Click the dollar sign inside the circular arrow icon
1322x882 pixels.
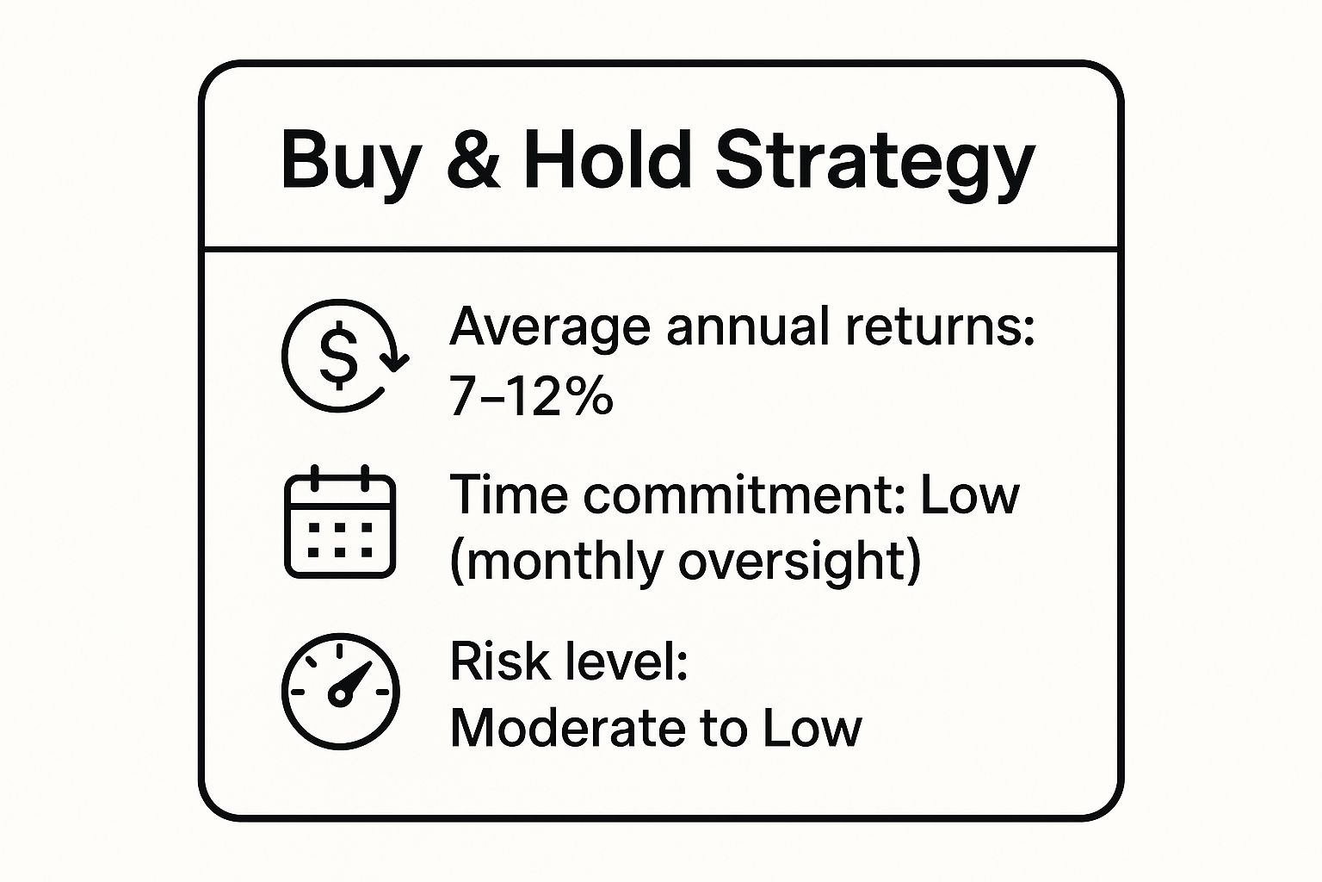(338, 355)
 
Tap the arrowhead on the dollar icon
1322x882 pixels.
(395, 361)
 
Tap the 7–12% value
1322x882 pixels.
(531, 397)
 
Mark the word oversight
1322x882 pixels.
(799, 562)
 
